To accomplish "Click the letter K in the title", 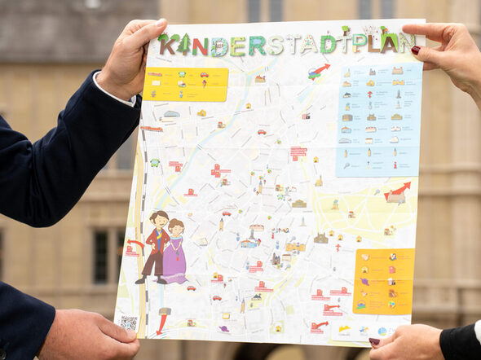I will pyautogui.click(x=167, y=46).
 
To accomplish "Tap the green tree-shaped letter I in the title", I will pyautogui.click(x=185, y=44).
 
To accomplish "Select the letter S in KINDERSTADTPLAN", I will pyautogui.click(x=276, y=45).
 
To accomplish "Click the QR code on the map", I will pyautogui.click(x=129, y=323).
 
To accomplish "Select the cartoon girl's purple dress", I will pyautogui.click(x=174, y=261).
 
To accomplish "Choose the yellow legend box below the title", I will pyautogui.click(x=185, y=84).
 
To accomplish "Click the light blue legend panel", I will pyautogui.click(x=379, y=120).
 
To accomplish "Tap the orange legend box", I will pyautogui.click(x=384, y=281).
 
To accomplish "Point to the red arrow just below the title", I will pyautogui.click(x=320, y=71).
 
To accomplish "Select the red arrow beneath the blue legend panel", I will pyautogui.click(x=399, y=191).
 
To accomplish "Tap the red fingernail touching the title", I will pyautogui.click(x=416, y=50).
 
